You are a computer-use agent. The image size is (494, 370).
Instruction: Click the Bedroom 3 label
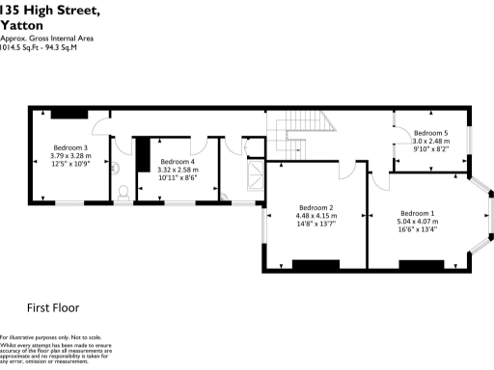[70, 148]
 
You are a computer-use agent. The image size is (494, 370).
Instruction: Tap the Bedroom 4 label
[178, 161]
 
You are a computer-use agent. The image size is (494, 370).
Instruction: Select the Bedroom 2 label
[316, 208]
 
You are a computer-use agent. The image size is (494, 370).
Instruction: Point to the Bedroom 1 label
[417, 213]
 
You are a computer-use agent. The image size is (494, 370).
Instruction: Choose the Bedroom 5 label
[431, 133]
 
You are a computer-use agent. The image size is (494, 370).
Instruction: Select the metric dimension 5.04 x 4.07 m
[417, 221]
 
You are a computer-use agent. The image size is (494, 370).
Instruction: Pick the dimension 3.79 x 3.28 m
[70, 156]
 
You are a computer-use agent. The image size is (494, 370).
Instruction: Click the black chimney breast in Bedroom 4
[143, 154]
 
